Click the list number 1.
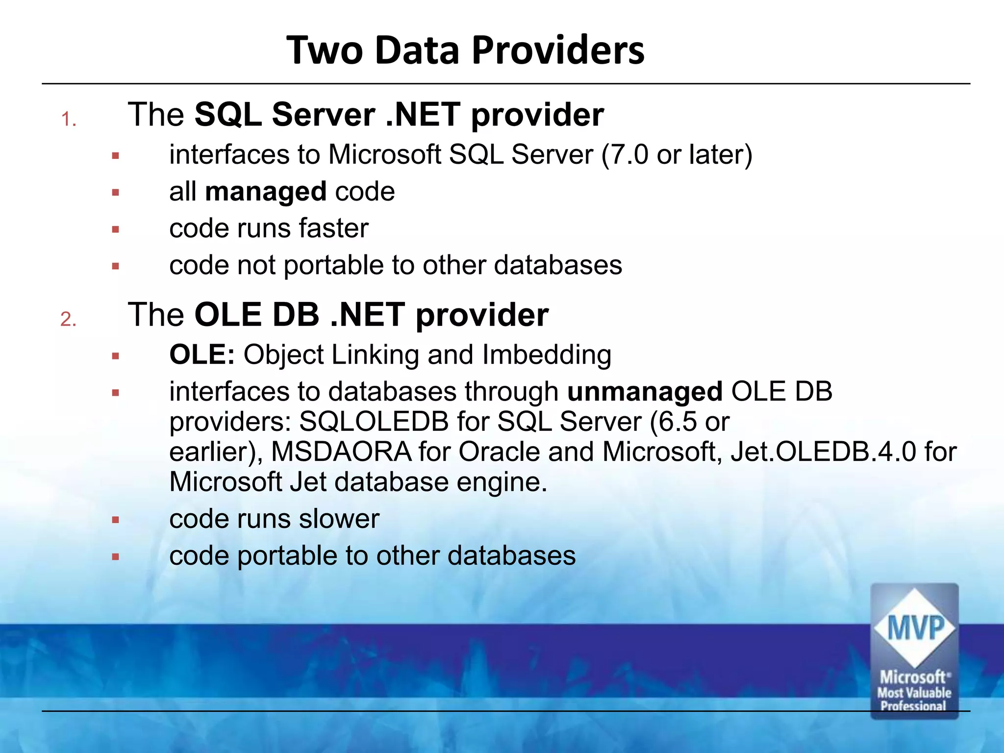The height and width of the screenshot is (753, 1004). tap(68, 120)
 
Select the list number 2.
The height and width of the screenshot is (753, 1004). tap(68, 320)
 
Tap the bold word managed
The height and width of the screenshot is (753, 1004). tap(266, 191)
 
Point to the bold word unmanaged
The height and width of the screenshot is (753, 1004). tap(645, 392)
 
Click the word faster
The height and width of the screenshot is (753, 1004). tap(333, 228)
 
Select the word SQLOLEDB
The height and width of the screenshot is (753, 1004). tap(374, 422)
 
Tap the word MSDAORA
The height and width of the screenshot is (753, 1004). tap(341, 452)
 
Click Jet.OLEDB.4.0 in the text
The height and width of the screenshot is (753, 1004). tap(823, 452)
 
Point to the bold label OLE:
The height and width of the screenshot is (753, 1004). tap(202, 354)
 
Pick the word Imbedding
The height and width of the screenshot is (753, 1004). tap(547, 355)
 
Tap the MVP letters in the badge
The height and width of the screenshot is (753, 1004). tap(915, 628)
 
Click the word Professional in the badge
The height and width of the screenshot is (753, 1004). tap(913, 706)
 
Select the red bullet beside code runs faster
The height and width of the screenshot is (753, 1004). tap(116, 229)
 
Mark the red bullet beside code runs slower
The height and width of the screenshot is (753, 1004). tap(116, 520)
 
